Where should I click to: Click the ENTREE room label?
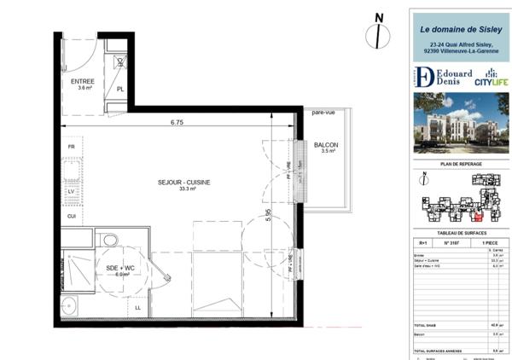point(83,81)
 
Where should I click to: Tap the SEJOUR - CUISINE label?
point(183,182)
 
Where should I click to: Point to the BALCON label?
point(325,146)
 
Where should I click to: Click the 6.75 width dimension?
point(177,122)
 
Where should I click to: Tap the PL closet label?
point(120,89)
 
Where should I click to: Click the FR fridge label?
point(72,148)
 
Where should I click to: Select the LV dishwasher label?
point(72,192)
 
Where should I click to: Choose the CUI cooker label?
point(72,216)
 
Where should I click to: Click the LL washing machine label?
point(138,306)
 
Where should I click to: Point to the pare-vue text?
point(323,113)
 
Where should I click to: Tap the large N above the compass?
point(379,16)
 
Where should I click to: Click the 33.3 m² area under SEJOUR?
point(183,189)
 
